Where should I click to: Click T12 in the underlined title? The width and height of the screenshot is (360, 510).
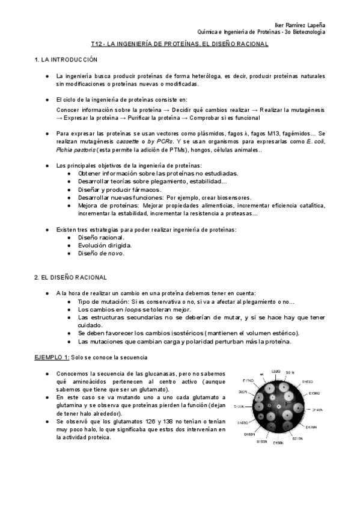click(x=97, y=45)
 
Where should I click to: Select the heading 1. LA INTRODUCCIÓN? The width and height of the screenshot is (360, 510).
click(x=66, y=61)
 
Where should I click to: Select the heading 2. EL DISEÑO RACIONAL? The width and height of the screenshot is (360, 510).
click(x=70, y=277)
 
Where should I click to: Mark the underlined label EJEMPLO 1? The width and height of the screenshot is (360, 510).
click(x=50, y=357)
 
